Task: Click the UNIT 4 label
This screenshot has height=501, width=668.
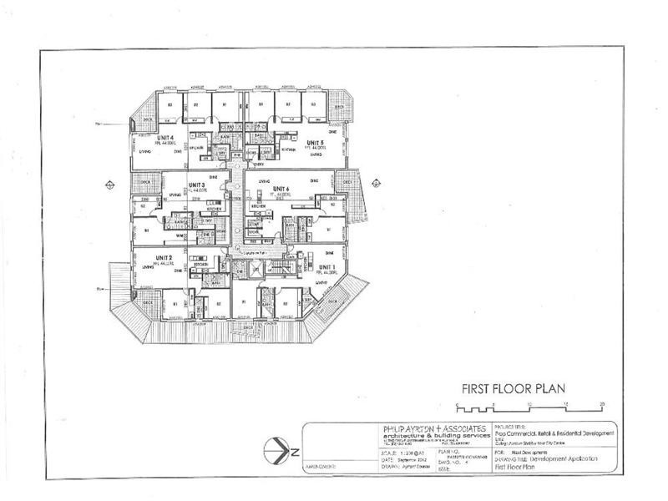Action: (x=164, y=137)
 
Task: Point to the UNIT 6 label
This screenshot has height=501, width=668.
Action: (x=280, y=189)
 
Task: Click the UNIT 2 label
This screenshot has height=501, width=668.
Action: (x=163, y=257)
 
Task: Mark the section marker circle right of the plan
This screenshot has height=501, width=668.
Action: (x=376, y=184)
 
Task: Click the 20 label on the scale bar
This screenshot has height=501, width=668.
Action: (x=602, y=404)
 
